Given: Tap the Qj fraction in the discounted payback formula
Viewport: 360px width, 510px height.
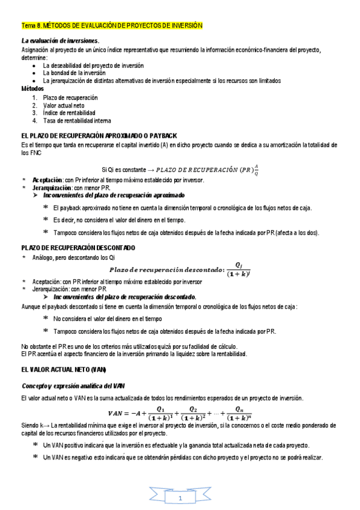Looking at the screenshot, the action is pyautogui.click(x=239, y=269).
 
